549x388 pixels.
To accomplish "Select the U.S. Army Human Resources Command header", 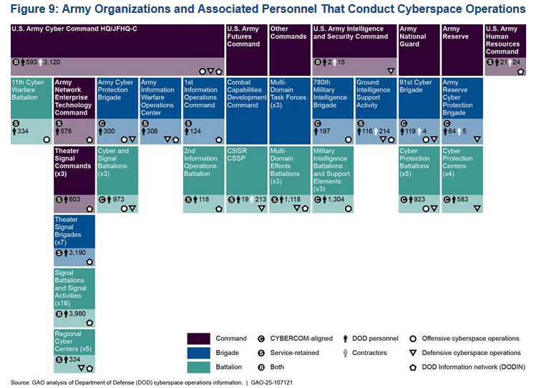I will click(x=505, y=43).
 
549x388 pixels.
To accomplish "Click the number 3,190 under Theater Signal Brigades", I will click(x=79, y=253).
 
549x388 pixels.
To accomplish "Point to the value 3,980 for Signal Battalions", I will click(x=79, y=314).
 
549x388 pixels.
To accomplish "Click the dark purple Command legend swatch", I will click(x=203, y=339).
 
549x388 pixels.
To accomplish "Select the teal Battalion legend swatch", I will click(x=203, y=367).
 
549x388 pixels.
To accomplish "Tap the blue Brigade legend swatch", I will click(x=203, y=353).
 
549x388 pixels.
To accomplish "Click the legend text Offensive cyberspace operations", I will click(x=470, y=339).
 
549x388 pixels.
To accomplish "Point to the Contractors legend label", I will click(x=369, y=353).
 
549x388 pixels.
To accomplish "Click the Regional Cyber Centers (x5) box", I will click(x=74, y=344).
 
